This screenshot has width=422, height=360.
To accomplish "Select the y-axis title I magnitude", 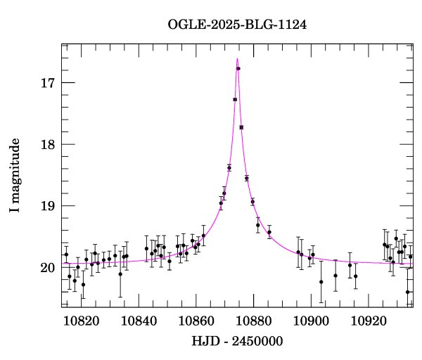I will [15, 176].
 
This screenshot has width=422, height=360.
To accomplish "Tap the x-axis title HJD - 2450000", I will [238, 341].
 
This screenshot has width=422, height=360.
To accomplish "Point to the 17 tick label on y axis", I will [49, 83].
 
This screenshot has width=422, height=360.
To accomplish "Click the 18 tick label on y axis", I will [49, 145].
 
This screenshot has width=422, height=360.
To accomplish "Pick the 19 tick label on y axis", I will [49, 206].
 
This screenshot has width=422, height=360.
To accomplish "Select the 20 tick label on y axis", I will [49, 268].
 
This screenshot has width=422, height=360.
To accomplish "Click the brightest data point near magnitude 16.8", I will [238, 68].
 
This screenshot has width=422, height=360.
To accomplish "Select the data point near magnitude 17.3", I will [235, 100].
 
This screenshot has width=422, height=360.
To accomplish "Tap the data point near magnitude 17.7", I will [241, 127].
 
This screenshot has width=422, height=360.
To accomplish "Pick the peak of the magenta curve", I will [238, 58].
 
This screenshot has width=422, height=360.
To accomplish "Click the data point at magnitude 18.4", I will [229, 168].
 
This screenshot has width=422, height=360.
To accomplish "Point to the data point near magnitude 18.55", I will [247, 179].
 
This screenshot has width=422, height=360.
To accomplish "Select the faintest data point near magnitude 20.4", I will [408, 292].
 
